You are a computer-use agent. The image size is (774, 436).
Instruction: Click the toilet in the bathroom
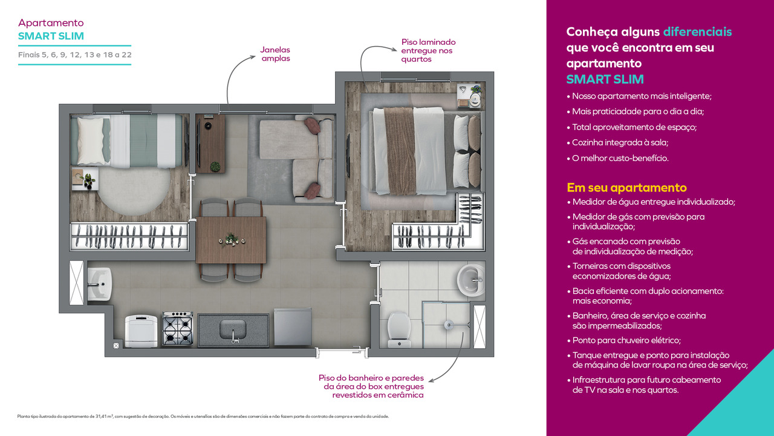pyautogui.click(x=399, y=328)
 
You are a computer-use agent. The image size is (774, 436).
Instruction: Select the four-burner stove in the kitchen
pyautogui.click(x=177, y=329)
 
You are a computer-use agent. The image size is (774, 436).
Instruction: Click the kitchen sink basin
pyautogui.click(x=233, y=330)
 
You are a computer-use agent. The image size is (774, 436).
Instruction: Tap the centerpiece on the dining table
pyautogui.click(x=230, y=240)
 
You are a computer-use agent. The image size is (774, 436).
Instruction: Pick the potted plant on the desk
pyautogui.click(x=214, y=165)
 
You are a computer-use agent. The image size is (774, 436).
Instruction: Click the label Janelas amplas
pyautogui.click(x=276, y=54)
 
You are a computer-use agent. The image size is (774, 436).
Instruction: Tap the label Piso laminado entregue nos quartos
pyautogui.click(x=428, y=51)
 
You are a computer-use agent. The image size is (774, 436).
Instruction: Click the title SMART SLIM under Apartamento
pyautogui.click(x=51, y=36)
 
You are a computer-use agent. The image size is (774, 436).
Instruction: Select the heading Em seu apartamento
pyautogui.click(x=626, y=188)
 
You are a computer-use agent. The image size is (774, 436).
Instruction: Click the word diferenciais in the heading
pyautogui.click(x=697, y=32)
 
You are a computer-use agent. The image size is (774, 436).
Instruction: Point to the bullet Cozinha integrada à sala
pyautogui.click(x=620, y=142)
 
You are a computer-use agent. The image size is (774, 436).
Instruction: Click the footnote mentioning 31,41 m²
pyautogui.click(x=203, y=417)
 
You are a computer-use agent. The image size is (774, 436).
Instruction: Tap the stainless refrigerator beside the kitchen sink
pyautogui.click(x=292, y=328)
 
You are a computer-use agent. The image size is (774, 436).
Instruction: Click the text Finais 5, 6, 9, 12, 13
pyautogui.click(x=75, y=54)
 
